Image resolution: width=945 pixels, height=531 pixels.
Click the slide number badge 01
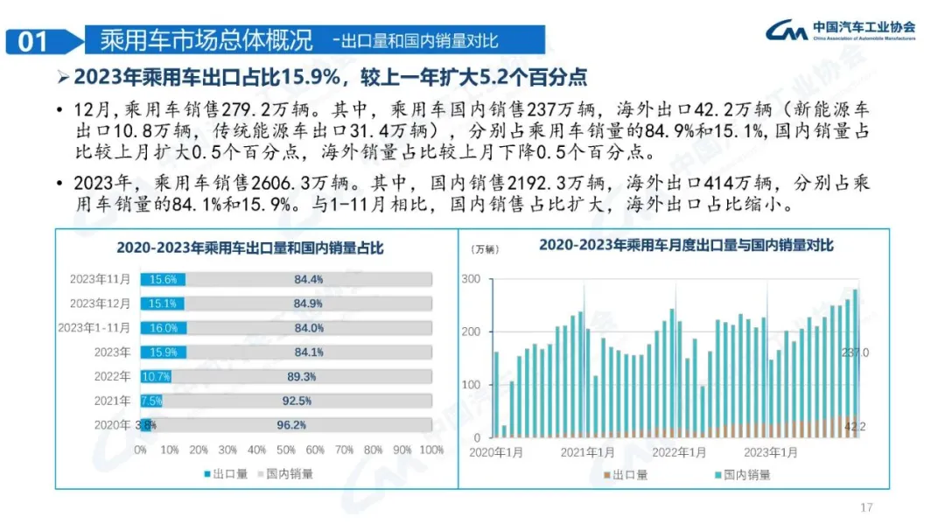tap(34, 41)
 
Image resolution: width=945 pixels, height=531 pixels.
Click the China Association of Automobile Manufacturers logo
tap(841, 31)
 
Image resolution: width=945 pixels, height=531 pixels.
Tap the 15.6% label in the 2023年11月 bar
tap(163, 280)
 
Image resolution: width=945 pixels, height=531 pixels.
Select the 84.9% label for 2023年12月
tap(308, 304)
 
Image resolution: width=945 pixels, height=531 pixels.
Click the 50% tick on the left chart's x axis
tap(286, 450)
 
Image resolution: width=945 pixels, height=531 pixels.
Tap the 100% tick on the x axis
tap(430, 450)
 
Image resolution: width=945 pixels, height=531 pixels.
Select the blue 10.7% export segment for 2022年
tap(157, 377)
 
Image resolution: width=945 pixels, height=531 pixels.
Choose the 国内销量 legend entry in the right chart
tap(744, 475)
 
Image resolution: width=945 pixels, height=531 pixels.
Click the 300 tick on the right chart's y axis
tap(471, 279)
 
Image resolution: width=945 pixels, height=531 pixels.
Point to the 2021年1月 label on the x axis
tap(587, 452)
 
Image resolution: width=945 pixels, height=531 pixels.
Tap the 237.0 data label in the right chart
tap(855, 353)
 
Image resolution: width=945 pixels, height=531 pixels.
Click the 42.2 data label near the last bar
tap(854, 427)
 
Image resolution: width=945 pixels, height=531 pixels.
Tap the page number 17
tap(867, 507)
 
